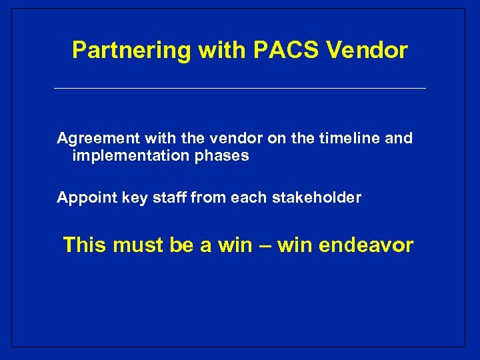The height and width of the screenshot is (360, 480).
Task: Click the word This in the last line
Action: [85, 245]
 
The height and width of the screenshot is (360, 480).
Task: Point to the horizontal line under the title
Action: [239, 88]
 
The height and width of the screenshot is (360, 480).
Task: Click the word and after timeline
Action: [399, 139]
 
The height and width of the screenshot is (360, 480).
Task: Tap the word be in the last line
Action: [181, 245]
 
